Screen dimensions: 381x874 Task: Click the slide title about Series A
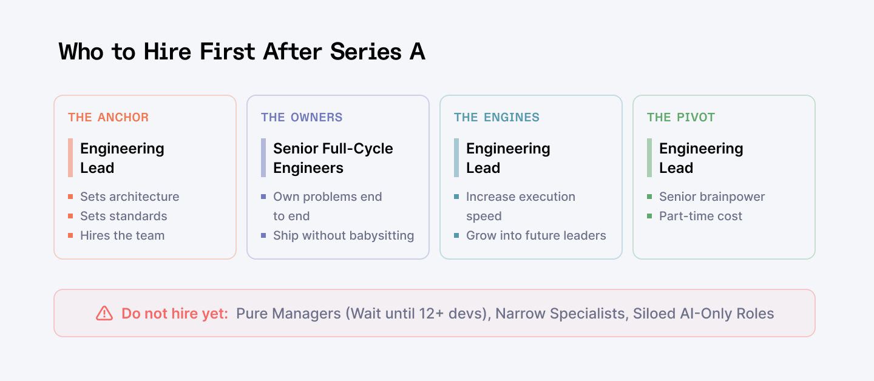(x=242, y=52)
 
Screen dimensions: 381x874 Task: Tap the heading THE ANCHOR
(x=108, y=117)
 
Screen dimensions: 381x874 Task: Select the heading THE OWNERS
(x=302, y=117)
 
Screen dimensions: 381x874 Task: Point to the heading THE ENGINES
(x=496, y=117)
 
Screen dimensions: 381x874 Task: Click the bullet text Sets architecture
(x=129, y=197)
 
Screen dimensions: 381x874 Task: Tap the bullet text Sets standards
(x=123, y=216)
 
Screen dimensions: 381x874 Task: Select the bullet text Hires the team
(x=122, y=235)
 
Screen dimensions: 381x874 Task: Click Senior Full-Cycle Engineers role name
(x=333, y=158)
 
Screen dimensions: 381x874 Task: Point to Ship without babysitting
(x=344, y=235)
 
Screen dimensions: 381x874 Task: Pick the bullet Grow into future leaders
(x=536, y=235)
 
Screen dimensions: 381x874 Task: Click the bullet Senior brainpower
(x=712, y=197)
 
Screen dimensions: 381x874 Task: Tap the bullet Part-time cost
(x=700, y=216)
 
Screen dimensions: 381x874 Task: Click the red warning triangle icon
(x=104, y=313)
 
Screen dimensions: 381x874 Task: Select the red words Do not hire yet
(x=175, y=314)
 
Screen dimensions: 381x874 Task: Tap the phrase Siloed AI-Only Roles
(x=703, y=314)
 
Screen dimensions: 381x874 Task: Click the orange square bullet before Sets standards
(x=70, y=216)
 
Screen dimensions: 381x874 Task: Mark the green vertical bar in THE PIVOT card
(x=649, y=158)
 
